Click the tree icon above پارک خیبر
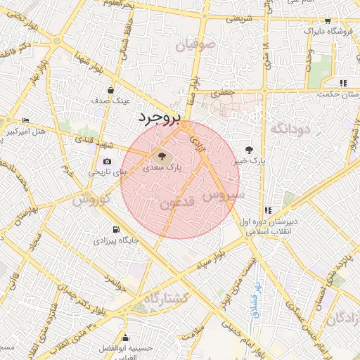(x=249, y=149)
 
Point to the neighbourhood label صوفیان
(x=198, y=46)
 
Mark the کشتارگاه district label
(x=167, y=298)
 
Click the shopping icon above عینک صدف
(x=110, y=90)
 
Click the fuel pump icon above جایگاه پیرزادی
(x=115, y=229)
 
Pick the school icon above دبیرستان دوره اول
(x=268, y=210)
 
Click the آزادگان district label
(x=342, y=318)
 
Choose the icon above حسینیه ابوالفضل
(x=125, y=338)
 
